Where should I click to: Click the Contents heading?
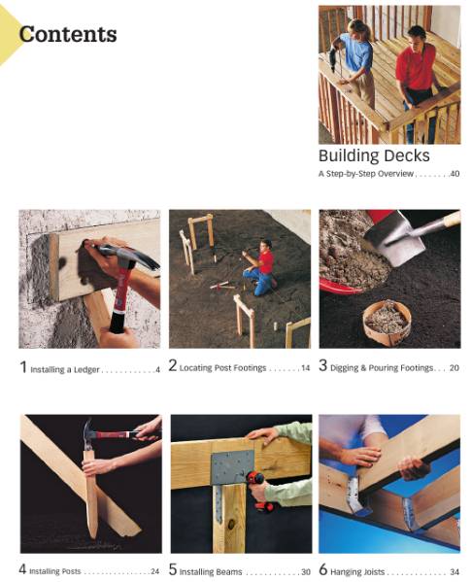click(68, 35)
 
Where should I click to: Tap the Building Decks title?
click(373, 155)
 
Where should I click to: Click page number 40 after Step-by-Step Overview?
click(454, 174)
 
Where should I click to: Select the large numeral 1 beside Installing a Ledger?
click(23, 367)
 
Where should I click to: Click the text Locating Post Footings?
click(223, 369)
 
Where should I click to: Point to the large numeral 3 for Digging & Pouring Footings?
click(323, 367)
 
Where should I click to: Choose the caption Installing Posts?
click(55, 571)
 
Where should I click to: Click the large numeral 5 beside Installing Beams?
click(173, 570)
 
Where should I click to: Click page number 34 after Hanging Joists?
click(454, 571)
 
